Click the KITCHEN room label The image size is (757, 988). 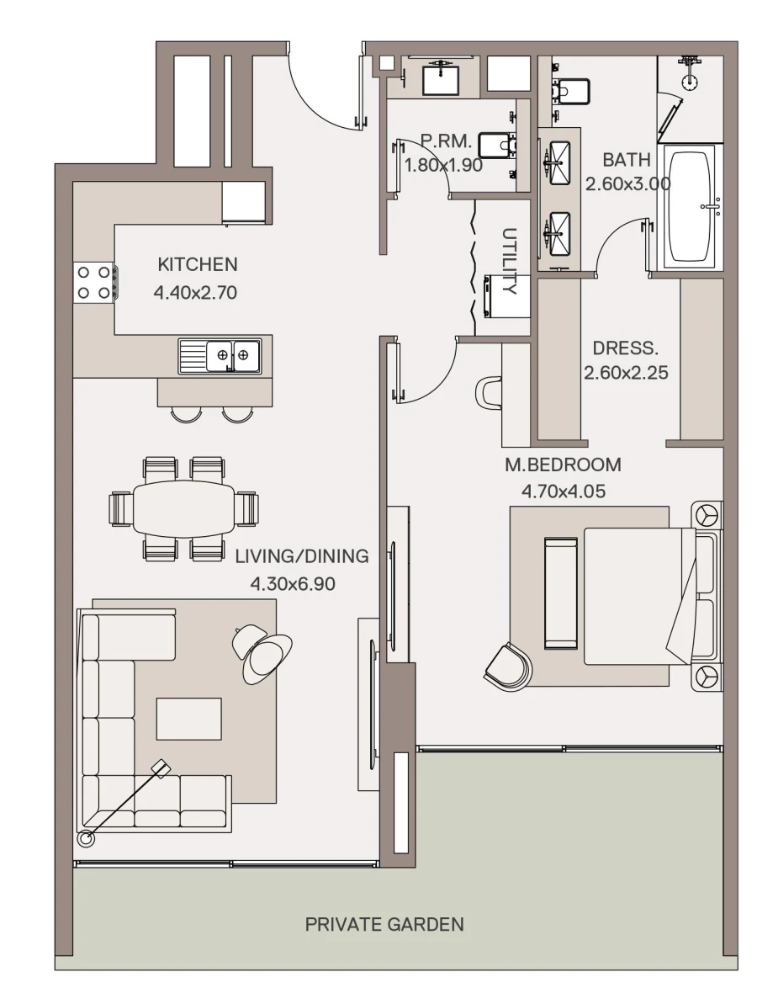pos(198,264)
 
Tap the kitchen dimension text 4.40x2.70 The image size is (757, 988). pos(196,293)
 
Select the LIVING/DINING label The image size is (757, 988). pos(301,556)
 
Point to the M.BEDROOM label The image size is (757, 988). pos(563,465)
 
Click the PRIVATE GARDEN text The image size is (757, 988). pos(384,925)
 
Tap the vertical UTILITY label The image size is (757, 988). pos(508,261)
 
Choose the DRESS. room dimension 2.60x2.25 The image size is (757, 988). pos(626,372)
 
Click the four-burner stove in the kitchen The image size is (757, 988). pos(94,282)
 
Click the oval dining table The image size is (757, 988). pos(183,508)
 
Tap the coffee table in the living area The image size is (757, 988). pos(189,719)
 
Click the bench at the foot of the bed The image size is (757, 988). pos(560,593)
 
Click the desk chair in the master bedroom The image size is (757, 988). pos(489,392)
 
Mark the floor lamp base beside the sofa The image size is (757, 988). pos(85,838)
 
